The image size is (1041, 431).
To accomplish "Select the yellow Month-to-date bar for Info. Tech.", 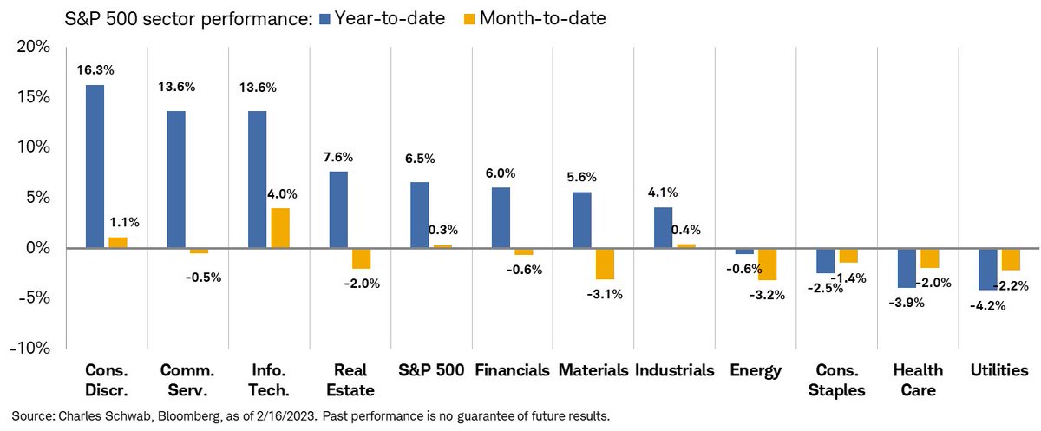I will click(x=279, y=228).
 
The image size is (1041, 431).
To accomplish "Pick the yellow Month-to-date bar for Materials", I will click(x=604, y=264).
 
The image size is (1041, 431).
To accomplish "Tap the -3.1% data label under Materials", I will click(x=604, y=294).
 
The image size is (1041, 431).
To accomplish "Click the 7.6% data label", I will click(x=338, y=157).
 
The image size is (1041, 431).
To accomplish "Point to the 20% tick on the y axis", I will click(x=32, y=47).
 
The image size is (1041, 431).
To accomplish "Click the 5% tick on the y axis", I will click(x=36, y=198).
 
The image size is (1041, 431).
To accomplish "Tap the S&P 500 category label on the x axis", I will click(x=431, y=370).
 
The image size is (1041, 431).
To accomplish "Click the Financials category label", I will click(x=513, y=370).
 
